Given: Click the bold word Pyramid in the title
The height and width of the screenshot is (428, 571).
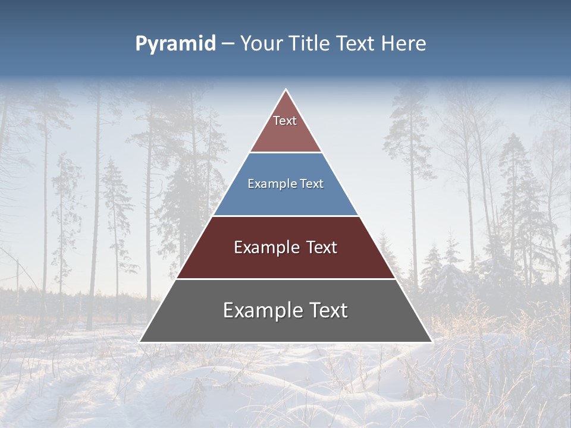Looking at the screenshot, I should tap(175, 44).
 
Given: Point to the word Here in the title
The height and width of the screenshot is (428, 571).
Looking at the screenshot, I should tap(404, 44).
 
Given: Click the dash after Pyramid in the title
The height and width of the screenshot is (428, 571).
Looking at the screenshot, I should tap(227, 44).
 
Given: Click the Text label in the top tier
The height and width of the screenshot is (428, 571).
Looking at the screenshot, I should tap(285, 121).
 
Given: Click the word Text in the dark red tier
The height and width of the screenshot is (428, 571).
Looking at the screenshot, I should tap(322, 248).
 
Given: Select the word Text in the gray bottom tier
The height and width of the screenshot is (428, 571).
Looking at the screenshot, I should tap(327, 311).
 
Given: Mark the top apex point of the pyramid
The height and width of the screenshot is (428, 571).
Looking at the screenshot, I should tap(286, 90).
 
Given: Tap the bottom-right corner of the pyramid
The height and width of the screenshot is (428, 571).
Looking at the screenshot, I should tap(432, 342).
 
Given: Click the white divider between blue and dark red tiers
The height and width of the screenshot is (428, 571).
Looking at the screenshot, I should tap(286, 216).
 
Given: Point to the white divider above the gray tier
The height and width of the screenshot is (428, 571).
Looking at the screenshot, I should tap(286, 279).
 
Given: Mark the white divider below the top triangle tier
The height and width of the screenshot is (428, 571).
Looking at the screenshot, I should tap(286, 152).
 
